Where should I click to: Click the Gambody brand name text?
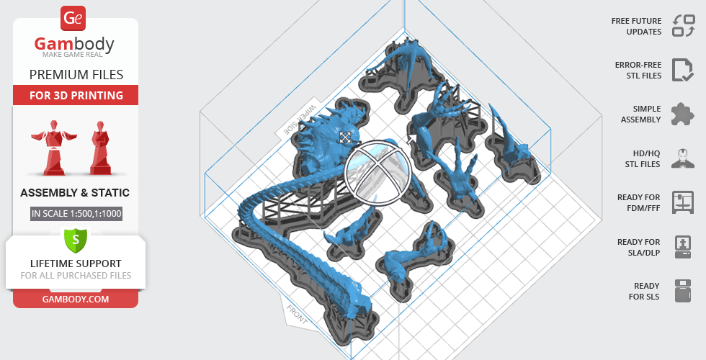click(75, 45)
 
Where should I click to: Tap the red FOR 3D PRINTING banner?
click(76, 95)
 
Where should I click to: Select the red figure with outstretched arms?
click(50, 145)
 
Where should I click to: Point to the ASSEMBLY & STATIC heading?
click(75, 192)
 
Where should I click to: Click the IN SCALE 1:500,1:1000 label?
click(75, 214)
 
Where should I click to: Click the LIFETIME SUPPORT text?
click(76, 264)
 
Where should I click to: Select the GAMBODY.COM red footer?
click(76, 298)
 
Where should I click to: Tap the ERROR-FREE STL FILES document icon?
click(682, 70)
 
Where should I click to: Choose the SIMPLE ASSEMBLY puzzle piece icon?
click(682, 114)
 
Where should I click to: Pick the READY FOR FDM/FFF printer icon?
click(682, 202)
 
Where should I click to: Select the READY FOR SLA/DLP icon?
click(682, 247)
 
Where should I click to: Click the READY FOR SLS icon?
click(682, 291)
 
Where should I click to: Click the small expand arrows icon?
click(346, 137)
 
